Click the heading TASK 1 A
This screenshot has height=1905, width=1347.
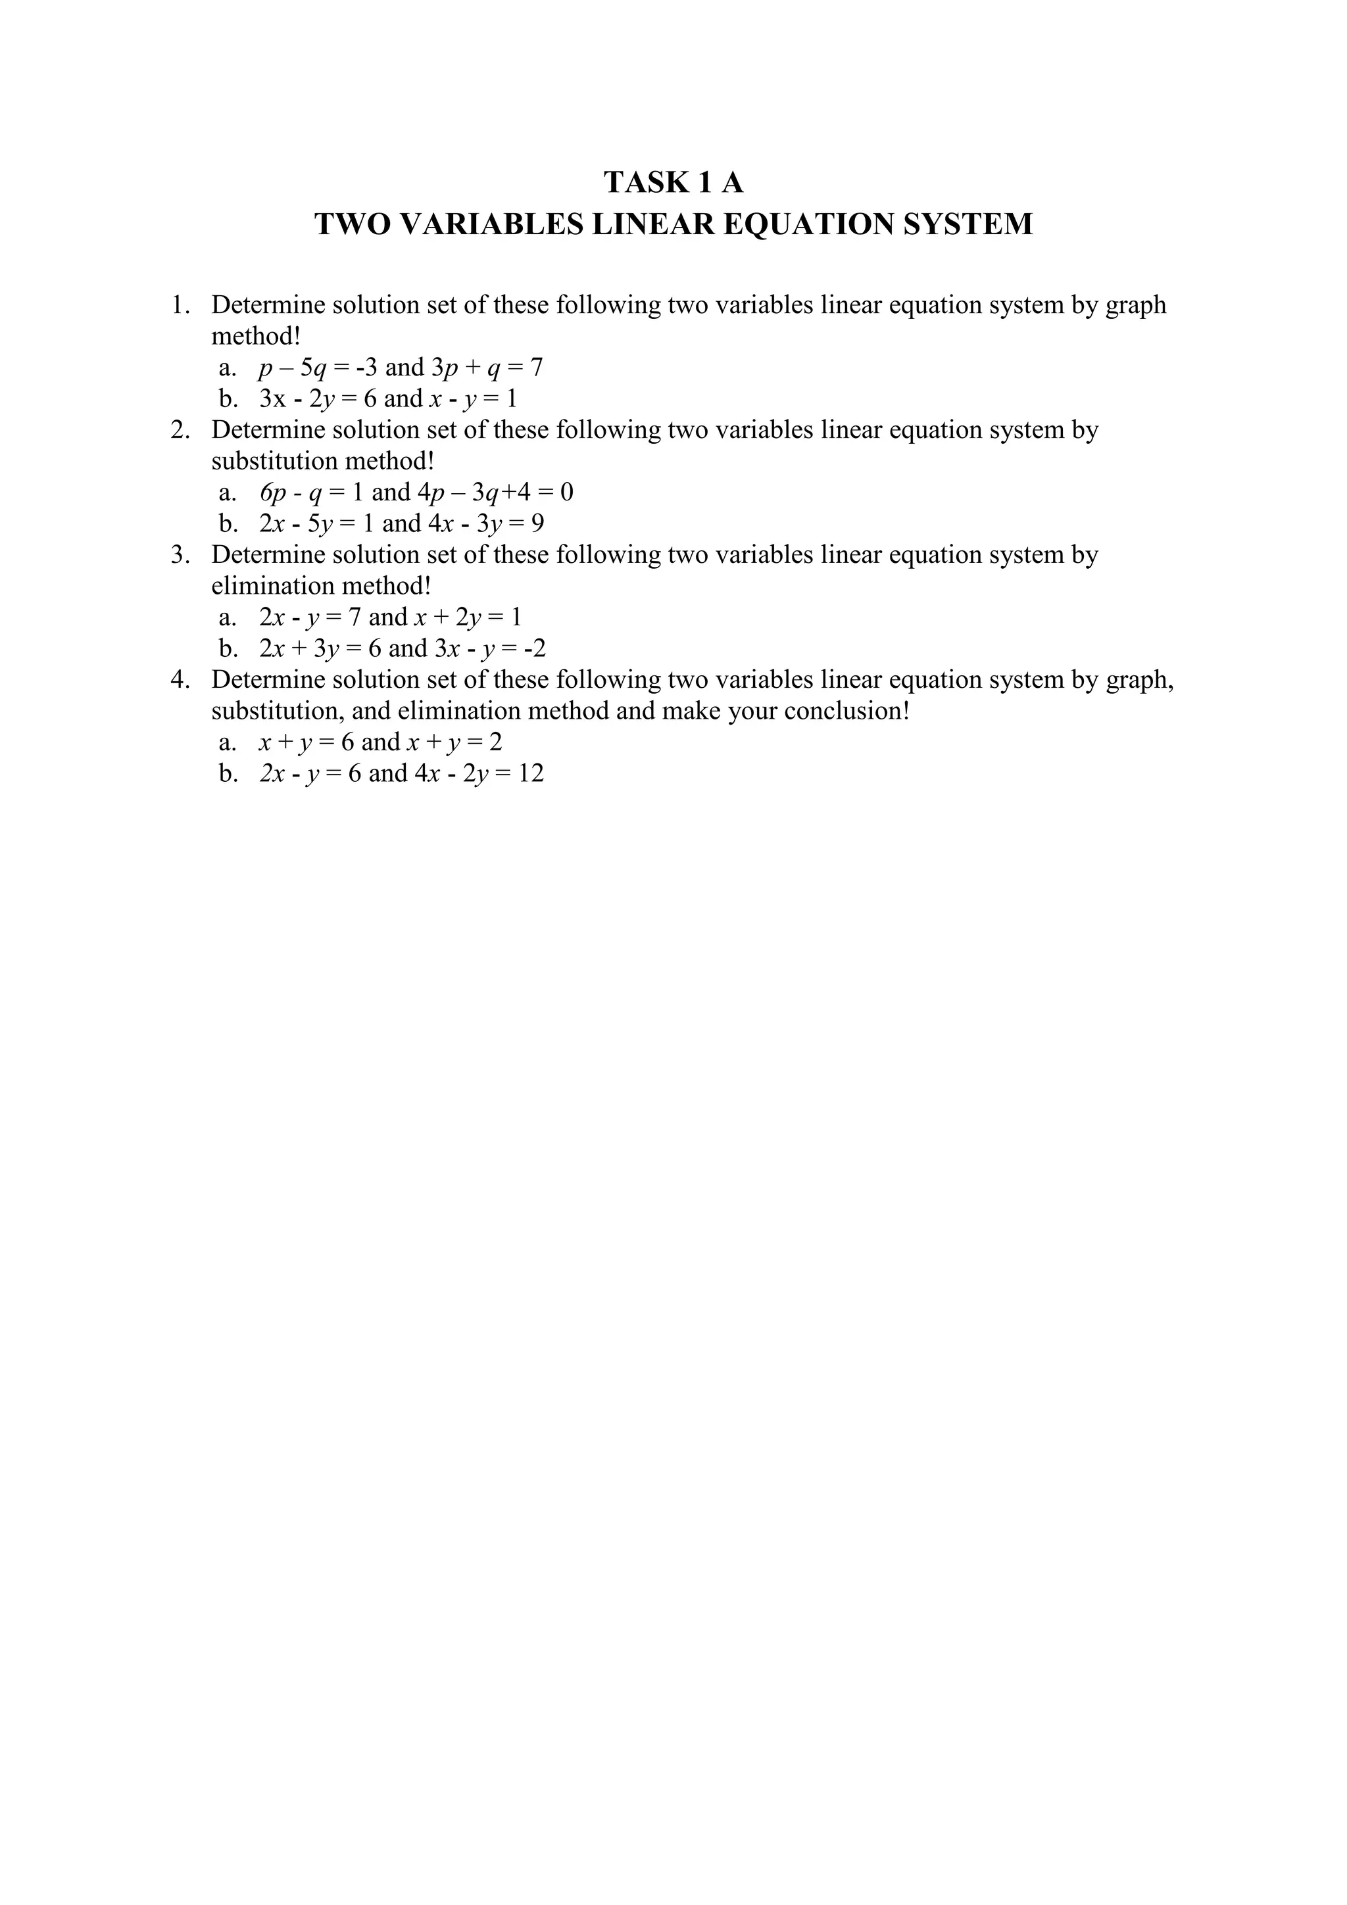click(673, 181)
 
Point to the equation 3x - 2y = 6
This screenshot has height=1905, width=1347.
click(318, 399)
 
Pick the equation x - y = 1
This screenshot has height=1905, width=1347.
click(472, 399)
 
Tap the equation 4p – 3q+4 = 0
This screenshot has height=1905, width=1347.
click(495, 493)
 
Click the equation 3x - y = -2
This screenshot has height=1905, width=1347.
click(491, 648)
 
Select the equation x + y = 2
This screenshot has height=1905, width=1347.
click(454, 742)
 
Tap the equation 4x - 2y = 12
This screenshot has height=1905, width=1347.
click(479, 773)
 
